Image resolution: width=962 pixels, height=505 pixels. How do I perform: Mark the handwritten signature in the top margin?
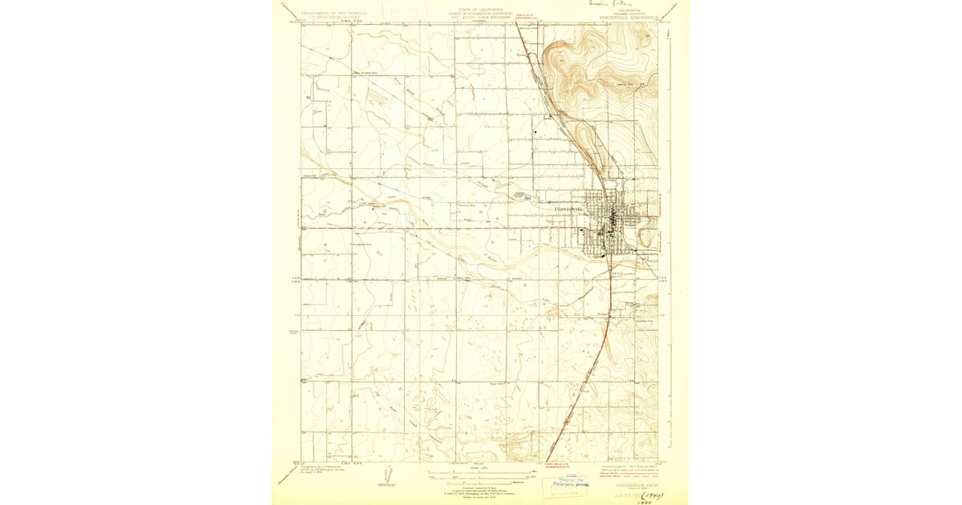coord(594,4)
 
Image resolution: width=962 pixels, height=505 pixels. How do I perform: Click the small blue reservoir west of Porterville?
coord(527,197)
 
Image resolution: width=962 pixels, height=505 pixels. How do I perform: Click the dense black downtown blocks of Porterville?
coord(612,217)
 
